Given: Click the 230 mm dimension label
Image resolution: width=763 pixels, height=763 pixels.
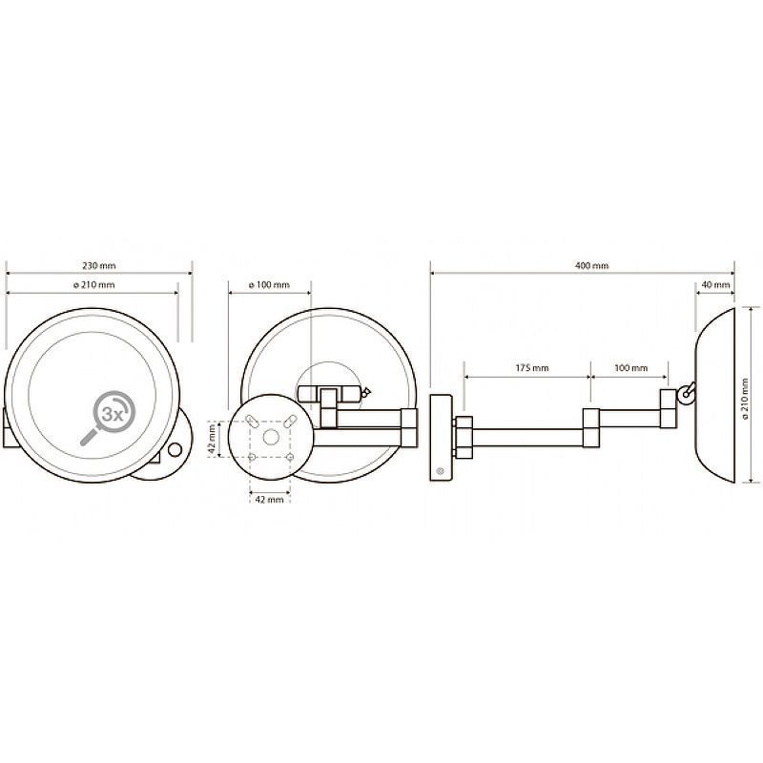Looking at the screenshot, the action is point(99,266).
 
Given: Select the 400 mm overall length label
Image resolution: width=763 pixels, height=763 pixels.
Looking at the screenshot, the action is point(591,266).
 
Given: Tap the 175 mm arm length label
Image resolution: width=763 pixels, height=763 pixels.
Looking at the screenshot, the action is point(532,368).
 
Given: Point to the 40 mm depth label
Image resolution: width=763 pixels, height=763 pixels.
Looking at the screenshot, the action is point(717,284).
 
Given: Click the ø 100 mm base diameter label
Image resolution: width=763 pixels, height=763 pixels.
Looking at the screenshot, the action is point(269,284).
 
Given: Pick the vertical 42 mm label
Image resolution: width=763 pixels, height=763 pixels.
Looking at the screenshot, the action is point(212,439).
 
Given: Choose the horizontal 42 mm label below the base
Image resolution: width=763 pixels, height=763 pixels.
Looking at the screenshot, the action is point(269,499).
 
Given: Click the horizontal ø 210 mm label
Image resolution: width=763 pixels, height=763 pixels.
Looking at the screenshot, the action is point(94,284).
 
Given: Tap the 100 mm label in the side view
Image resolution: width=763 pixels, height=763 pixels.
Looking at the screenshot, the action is point(630,368).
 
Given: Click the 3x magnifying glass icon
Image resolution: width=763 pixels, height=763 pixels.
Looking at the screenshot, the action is point(108,417).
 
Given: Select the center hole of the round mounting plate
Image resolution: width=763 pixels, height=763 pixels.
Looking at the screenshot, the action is point(271,438).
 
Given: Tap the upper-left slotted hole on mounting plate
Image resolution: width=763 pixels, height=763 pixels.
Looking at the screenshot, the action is point(253,421).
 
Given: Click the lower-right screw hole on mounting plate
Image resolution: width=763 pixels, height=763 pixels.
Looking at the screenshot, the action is point(290,457).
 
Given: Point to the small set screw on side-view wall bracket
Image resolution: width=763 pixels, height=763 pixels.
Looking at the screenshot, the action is point(440,470).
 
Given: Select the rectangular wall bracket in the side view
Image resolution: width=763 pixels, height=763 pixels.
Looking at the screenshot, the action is point(441,438).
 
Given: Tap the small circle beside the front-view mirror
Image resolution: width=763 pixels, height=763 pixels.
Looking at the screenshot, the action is point(175,449).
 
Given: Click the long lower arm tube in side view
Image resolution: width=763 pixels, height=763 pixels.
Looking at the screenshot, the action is point(528,438).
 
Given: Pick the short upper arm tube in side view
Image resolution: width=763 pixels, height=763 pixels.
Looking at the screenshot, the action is point(629,419).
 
